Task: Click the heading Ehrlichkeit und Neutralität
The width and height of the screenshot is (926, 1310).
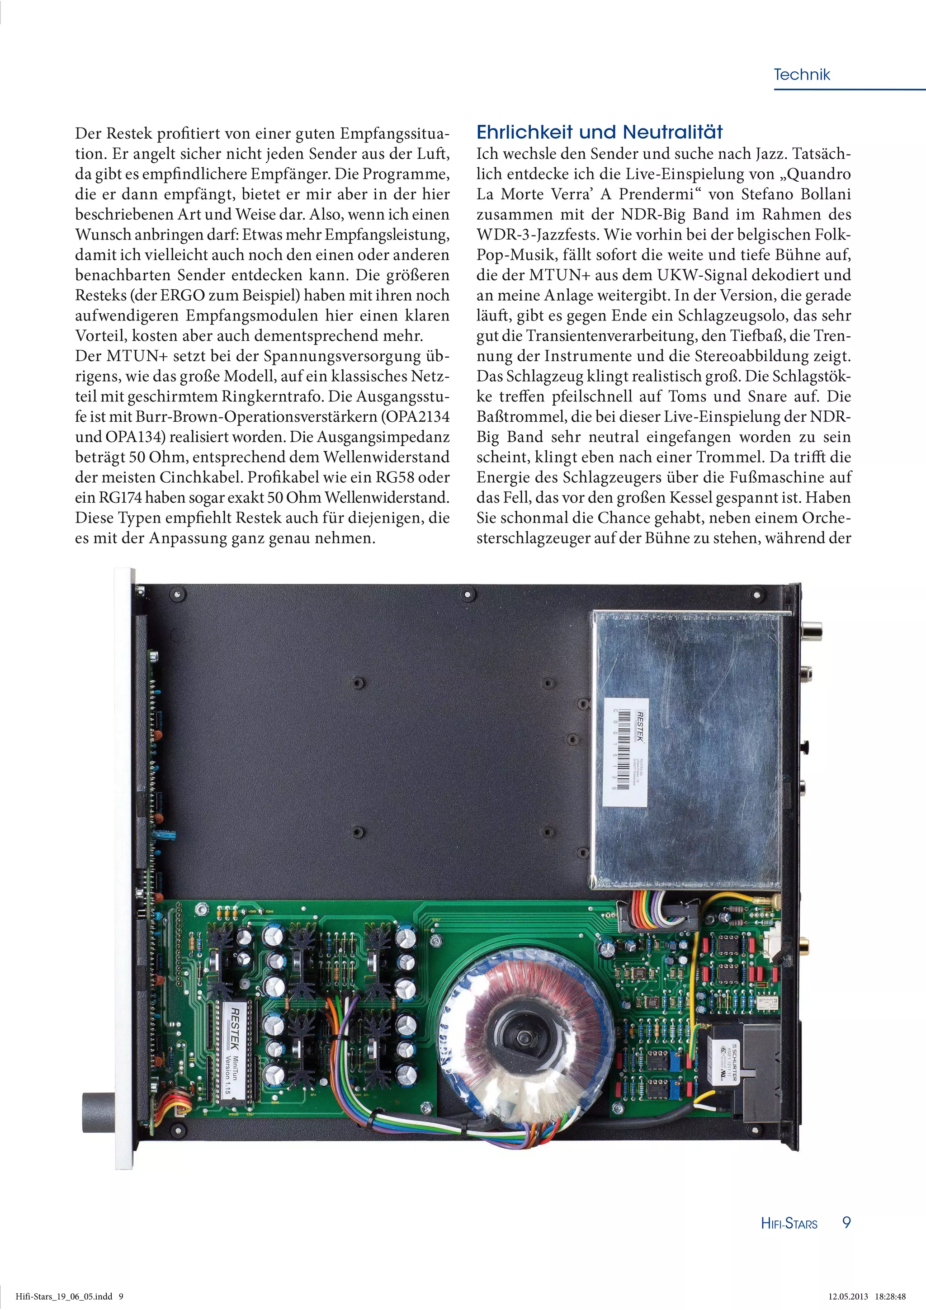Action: tap(599, 132)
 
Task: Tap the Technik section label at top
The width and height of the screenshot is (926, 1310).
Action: tap(801, 75)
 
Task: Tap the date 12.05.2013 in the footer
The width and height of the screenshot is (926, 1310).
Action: tap(848, 1296)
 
